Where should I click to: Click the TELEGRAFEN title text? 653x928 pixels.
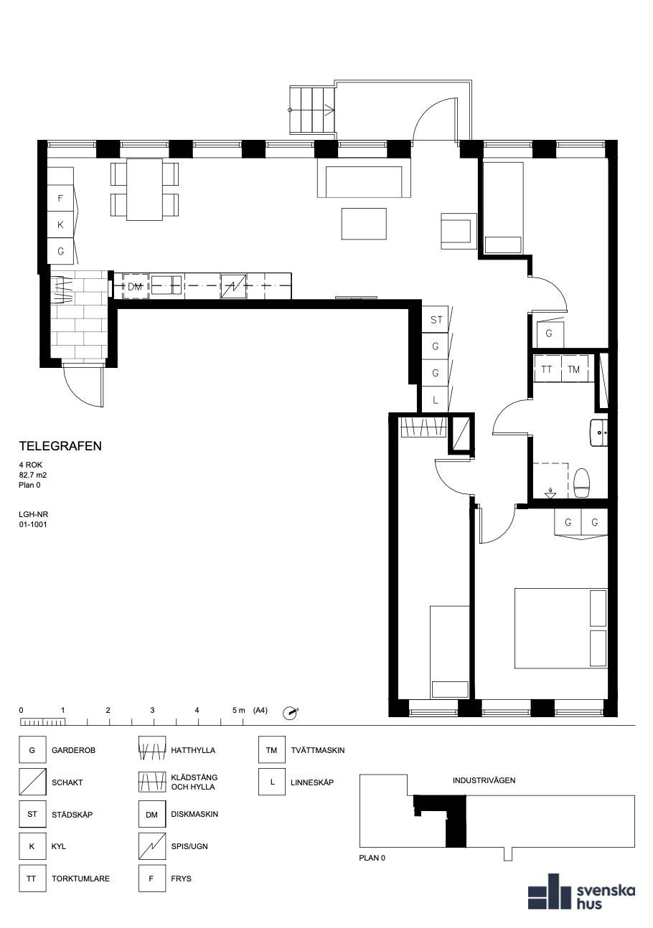click(60, 446)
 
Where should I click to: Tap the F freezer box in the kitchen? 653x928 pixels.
click(60, 199)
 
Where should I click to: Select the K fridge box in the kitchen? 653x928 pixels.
click(60, 225)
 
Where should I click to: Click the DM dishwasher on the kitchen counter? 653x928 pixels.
click(135, 286)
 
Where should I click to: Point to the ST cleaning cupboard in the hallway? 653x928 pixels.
click(436, 319)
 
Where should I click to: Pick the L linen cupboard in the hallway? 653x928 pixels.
click(436, 399)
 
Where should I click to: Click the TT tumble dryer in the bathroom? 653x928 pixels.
click(548, 369)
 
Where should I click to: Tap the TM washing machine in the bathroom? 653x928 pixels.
click(574, 369)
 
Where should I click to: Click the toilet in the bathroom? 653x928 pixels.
click(581, 483)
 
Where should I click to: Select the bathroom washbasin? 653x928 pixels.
click(598, 432)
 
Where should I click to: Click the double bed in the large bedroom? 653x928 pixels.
click(561, 628)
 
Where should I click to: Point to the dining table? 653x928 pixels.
click(144, 189)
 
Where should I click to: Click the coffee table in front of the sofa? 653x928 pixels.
click(364, 224)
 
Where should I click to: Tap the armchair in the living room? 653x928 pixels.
click(459, 231)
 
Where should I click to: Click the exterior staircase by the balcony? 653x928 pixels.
click(311, 110)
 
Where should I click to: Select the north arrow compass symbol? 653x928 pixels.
click(290, 713)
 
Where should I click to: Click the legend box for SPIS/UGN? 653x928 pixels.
click(151, 846)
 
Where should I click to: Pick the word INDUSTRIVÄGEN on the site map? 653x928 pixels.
click(484, 780)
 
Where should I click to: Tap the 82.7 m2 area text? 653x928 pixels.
click(33, 475)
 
